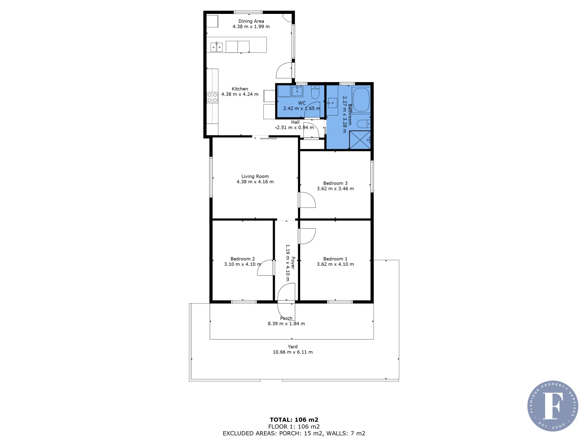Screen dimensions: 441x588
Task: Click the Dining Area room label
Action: (251, 21)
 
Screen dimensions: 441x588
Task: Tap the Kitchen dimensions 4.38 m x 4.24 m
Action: (240, 94)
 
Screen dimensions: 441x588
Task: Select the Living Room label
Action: (255, 176)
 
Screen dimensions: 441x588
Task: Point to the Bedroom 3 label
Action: (335, 183)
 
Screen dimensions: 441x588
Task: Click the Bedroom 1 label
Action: (335, 259)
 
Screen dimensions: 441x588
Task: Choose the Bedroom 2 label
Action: (242, 259)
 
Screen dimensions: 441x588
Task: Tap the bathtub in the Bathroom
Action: (361, 100)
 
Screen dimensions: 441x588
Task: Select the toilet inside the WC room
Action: (315, 93)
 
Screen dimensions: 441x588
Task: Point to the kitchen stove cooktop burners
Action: (212, 98)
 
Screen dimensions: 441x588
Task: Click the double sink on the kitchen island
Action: (216, 47)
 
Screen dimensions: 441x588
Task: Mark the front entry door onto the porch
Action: (286, 293)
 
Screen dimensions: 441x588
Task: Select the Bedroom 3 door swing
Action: (307, 200)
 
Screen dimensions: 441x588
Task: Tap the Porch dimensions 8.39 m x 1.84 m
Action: (286, 324)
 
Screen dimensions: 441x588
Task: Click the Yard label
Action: (292, 347)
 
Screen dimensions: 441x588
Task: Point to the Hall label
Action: (295, 122)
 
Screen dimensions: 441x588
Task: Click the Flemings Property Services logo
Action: (552, 406)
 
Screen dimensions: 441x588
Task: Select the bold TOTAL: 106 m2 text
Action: (294, 420)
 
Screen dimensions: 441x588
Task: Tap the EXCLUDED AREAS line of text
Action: (294, 434)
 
